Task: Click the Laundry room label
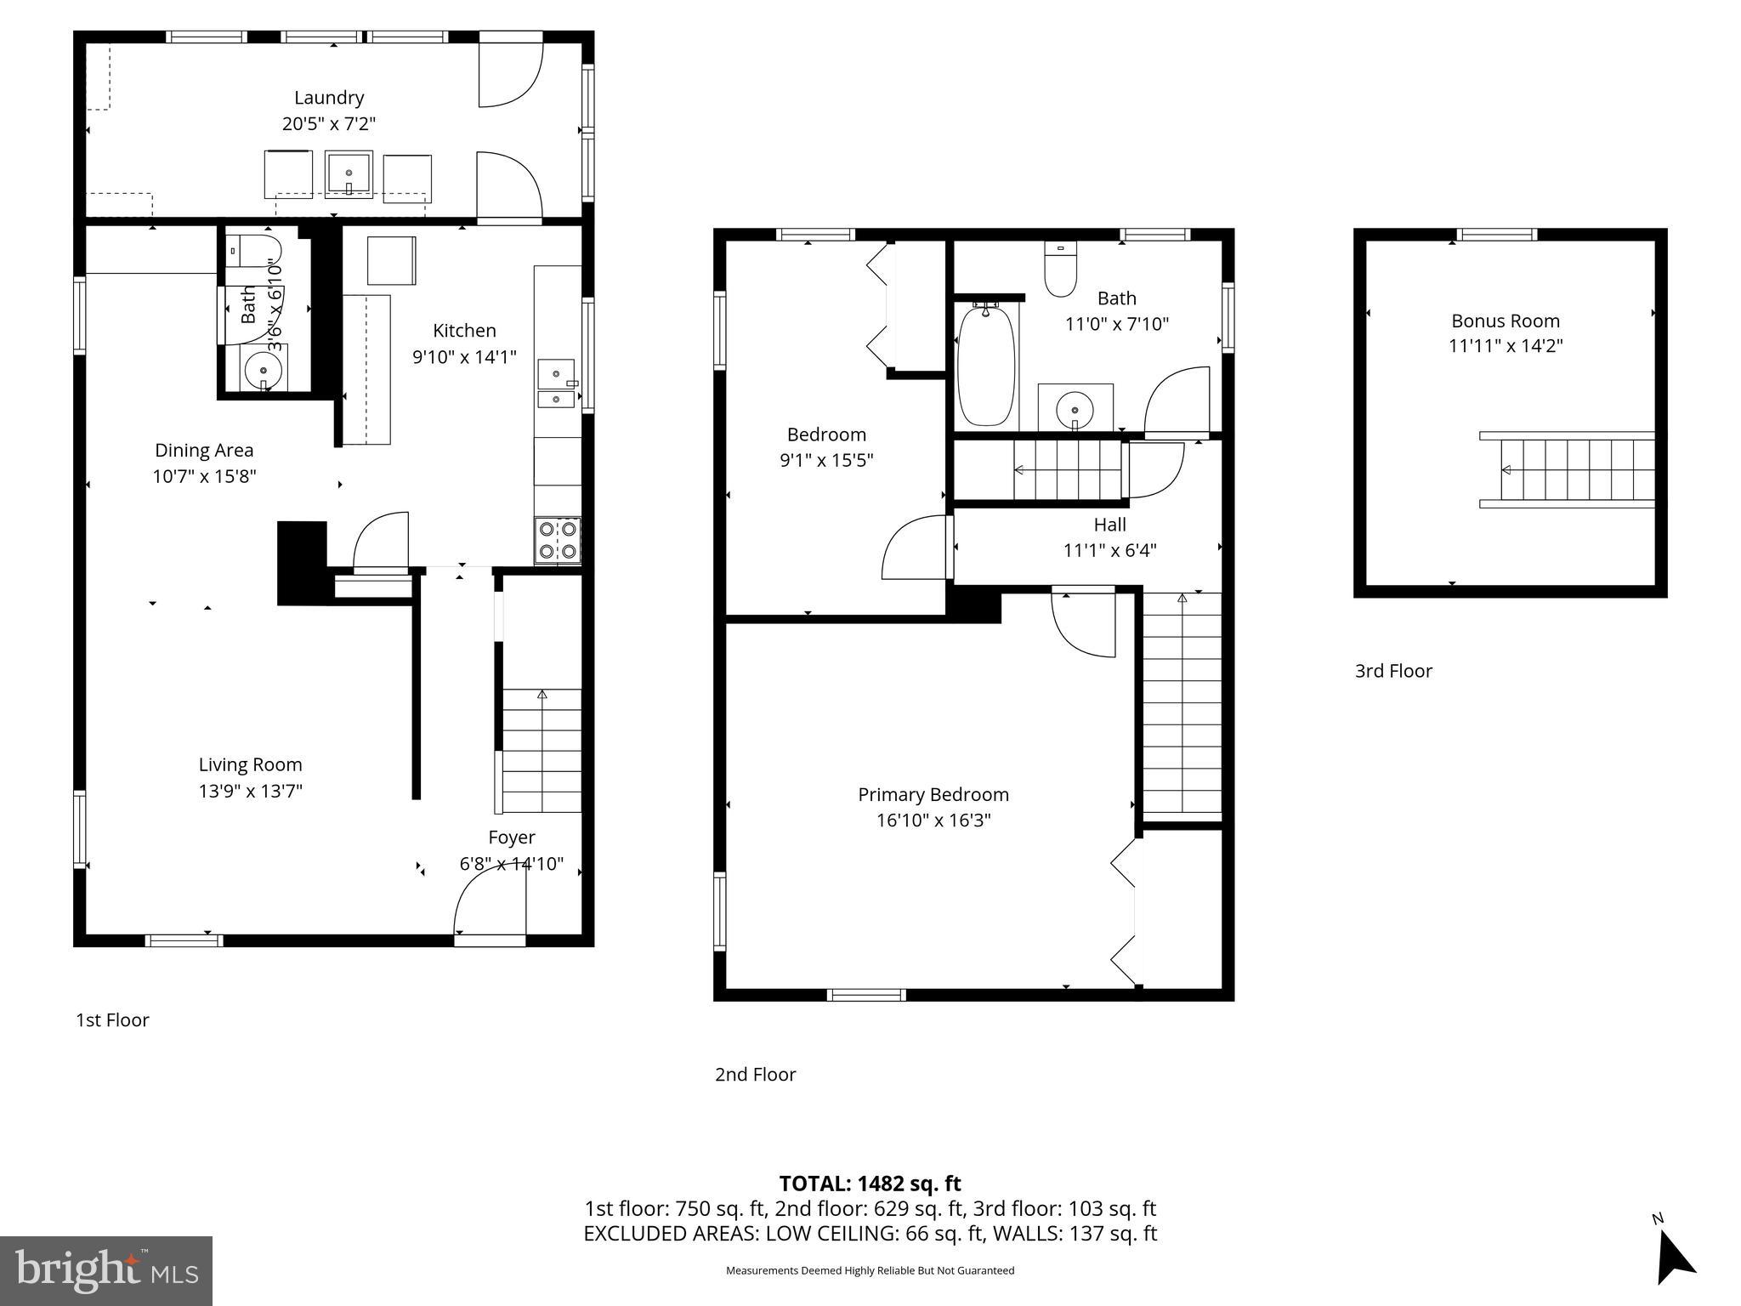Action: click(x=329, y=98)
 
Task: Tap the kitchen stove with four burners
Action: click(x=558, y=541)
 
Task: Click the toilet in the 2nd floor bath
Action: click(x=1060, y=270)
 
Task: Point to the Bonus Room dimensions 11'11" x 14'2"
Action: click(x=1506, y=346)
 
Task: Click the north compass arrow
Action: click(x=1674, y=1259)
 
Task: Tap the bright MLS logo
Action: click(x=106, y=1270)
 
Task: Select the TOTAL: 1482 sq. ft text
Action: click(x=870, y=1183)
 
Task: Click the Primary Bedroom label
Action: click(x=933, y=794)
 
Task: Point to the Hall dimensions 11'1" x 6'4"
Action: click(x=1109, y=550)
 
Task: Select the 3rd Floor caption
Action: click(x=1393, y=671)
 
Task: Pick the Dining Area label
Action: click(x=204, y=450)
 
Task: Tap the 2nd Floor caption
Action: click(x=755, y=1074)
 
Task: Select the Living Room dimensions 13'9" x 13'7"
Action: click(x=251, y=791)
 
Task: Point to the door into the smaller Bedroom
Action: click(x=916, y=548)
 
